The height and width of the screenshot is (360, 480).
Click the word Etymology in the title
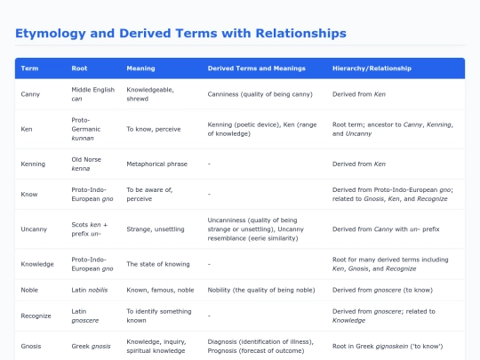click(x=51, y=34)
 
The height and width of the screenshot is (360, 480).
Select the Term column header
click(x=29, y=68)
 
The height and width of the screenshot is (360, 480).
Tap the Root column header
click(x=79, y=68)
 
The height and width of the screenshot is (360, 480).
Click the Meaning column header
click(x=140, y=68)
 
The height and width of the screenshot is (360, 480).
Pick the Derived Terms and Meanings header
click(x=257, y=68)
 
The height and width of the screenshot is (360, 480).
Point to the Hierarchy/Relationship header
click(x=372, y=68)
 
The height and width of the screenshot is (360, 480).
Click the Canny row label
click(x=30, y=94)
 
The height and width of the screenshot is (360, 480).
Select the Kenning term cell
click(x=33, y=164)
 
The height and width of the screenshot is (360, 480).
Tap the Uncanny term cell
click(x=34, y=229)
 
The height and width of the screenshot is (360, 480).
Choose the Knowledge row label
click(x=37, y=264)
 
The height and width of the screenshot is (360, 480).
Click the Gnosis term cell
click(x=31, y=347)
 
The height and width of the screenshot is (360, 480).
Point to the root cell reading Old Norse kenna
click(x=86, y=164)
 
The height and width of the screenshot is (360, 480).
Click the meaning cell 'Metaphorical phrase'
click(x=157, y=164)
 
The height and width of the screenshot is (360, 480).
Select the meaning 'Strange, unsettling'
click(x=156, y=229)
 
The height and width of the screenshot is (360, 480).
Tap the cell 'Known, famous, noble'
click(x=160, y=290)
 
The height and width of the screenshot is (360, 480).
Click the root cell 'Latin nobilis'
click(x=90, y=290)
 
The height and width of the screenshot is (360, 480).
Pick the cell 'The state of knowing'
click(x=158, y=264)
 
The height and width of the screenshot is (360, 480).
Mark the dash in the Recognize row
click(x=209, y=316)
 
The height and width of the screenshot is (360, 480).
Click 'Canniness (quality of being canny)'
click(x=260, y=94)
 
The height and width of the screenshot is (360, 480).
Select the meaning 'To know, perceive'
click(x=154, y=129)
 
